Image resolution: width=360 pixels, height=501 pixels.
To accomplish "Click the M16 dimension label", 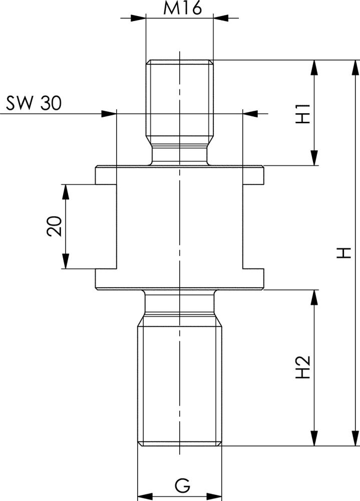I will pyautogui.click(x=179, y=9).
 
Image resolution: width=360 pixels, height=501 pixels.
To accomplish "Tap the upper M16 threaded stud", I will pyautogui.click(x=179, y=100).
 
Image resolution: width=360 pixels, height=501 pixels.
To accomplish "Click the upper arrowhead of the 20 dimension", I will pyautogui.click(x=66, y=191).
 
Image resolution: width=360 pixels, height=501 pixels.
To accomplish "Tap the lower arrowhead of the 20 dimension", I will pyautogui.click(x=66, y=262).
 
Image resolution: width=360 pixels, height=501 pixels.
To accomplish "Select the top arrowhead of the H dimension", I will pyautogui.click(x=355, y=68).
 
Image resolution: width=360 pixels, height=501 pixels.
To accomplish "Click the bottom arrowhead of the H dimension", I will pyautogui.click(x=355, y=438).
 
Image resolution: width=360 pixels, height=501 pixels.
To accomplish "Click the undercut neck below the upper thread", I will pyautogui.click(x=179, y=155).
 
